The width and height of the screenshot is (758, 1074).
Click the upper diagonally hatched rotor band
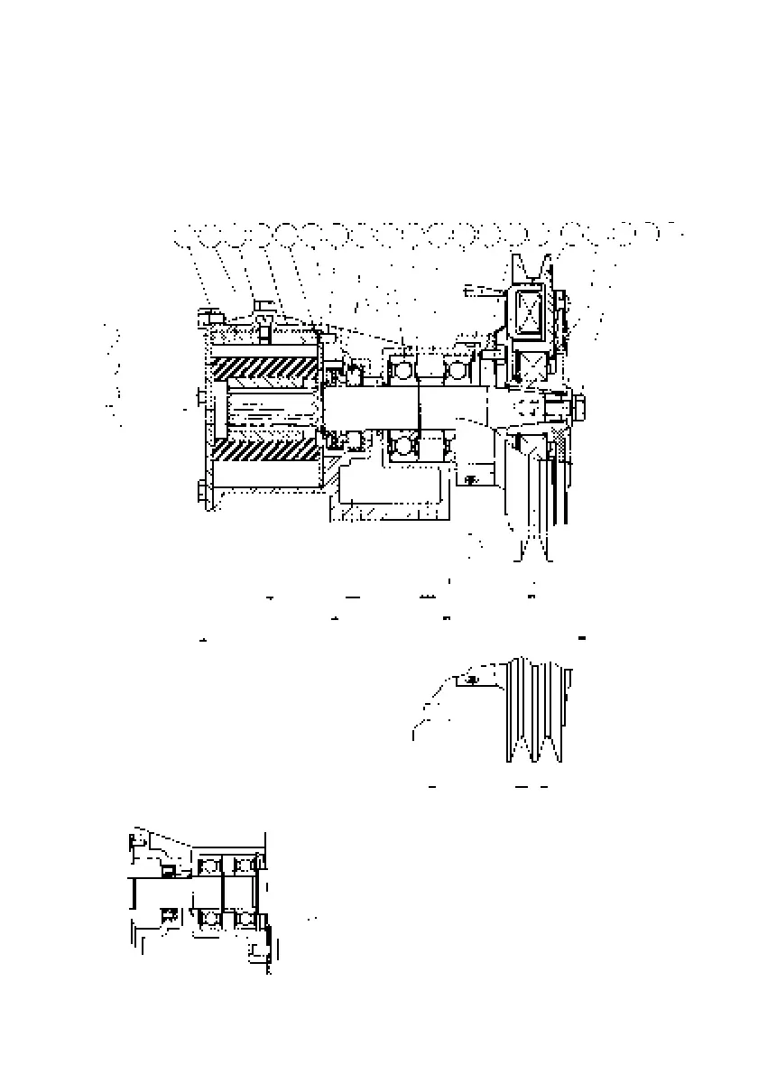266,369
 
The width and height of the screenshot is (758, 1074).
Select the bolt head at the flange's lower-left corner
201,492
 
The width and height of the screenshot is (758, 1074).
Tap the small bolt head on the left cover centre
200,395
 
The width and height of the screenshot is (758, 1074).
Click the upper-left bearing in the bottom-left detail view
210,866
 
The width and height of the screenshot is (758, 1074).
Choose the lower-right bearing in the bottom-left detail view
244,918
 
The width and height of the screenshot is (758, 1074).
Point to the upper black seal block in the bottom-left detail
168,870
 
